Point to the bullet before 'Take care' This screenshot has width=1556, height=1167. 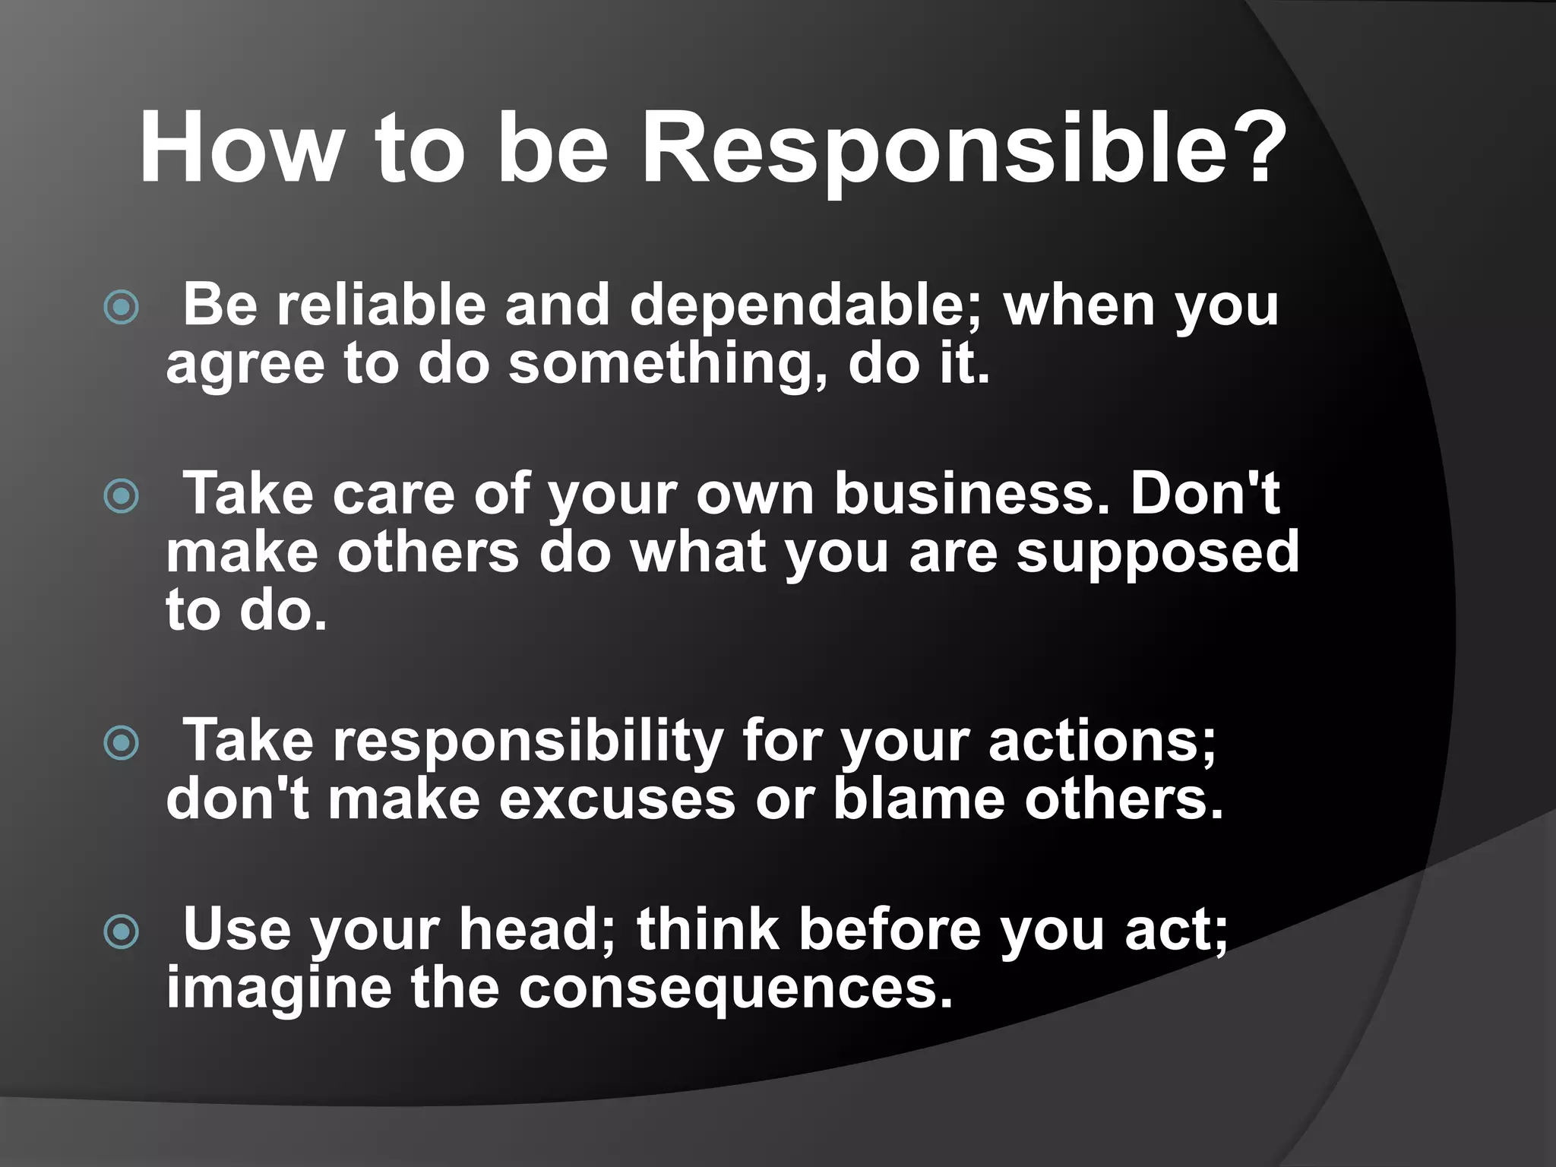tap(122, 497)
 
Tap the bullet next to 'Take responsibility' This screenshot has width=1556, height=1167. tap(122, 743)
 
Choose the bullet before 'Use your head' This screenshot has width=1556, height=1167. tap(122, 932)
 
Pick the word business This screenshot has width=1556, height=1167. tap(972, 494)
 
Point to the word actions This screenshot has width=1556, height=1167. tap(1101, 742)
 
